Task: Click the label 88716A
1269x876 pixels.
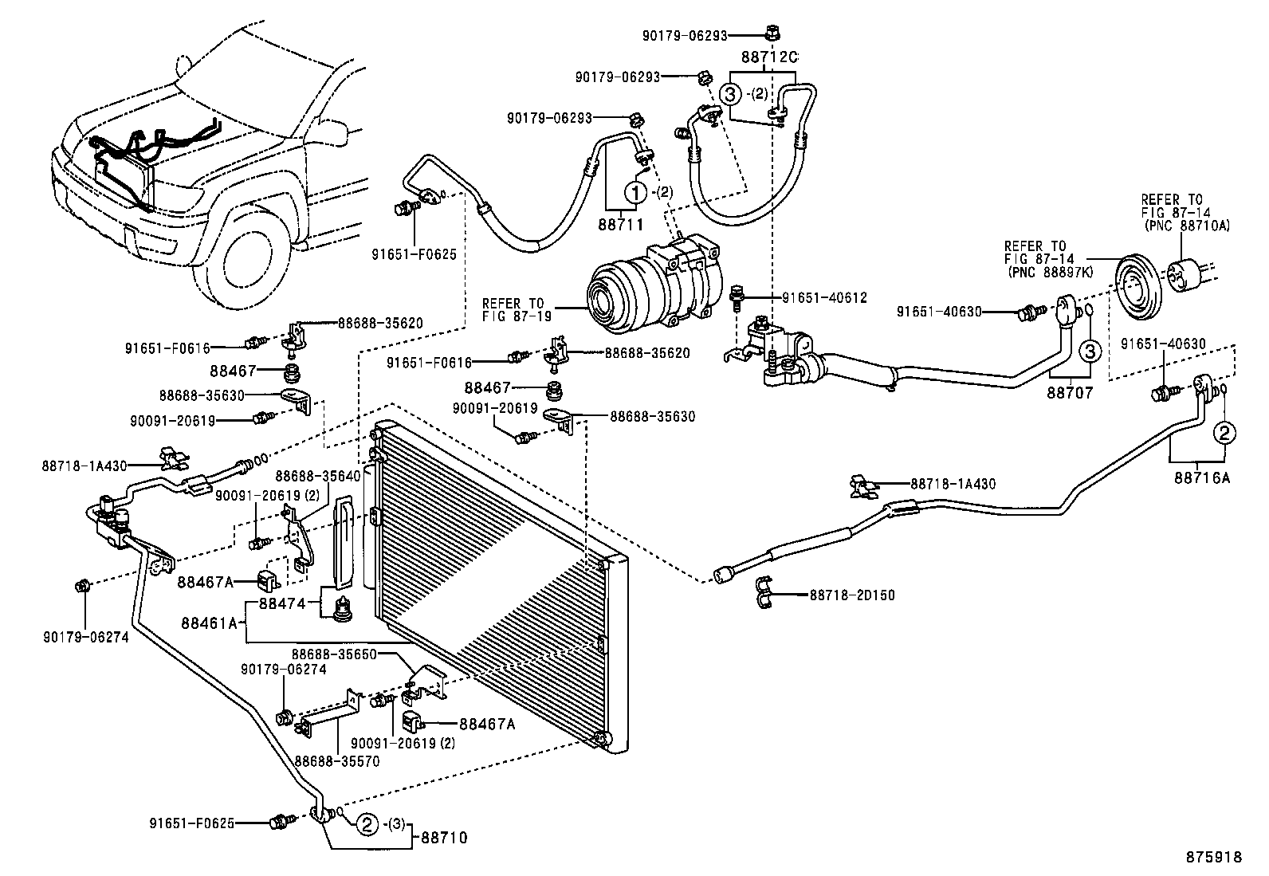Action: click(1201, 477)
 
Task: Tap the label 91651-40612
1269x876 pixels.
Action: click(824, 297)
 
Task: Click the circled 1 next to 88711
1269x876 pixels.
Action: click(635, 192)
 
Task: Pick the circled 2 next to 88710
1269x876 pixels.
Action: click(366, 824)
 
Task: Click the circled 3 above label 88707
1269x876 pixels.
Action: click(1090, 350)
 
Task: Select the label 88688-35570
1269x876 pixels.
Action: click(336, 760)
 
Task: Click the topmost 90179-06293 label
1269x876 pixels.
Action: click(684, 35)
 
